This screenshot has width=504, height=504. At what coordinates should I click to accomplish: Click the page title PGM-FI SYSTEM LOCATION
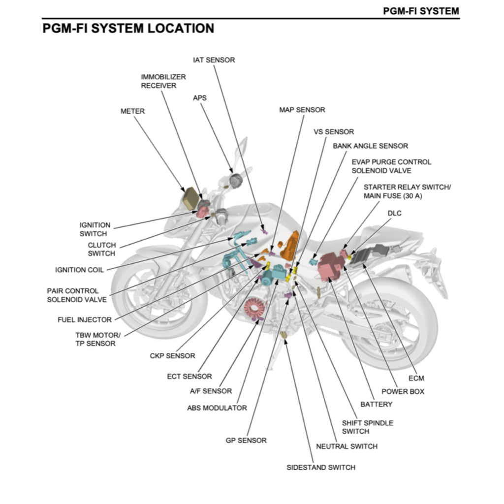(x=128, y=29)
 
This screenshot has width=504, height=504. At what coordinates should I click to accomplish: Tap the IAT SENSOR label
(x=214, y=60)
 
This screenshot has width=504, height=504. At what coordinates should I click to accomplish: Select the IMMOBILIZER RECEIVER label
(x=163, y=81)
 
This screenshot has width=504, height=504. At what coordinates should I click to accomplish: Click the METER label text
(x=133, y=111)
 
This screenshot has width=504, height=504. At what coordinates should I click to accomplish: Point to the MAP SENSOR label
(x=302, y=110)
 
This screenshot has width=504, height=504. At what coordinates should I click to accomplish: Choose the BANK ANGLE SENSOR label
(x=370, y=146)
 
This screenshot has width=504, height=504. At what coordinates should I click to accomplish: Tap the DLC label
(x=395, y=213)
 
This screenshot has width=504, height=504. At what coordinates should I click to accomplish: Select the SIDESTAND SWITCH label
(x=321, y=467)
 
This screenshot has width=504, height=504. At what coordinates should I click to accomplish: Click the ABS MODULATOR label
(x=217, y=408)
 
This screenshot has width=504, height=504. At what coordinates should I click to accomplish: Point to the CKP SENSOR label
(x=172, y=356)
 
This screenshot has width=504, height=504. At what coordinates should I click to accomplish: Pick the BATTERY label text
(x=377, y=404)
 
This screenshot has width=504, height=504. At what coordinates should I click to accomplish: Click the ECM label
(x=416, y=378)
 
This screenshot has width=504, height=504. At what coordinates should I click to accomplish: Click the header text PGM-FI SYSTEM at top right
(x=421, y=10)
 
